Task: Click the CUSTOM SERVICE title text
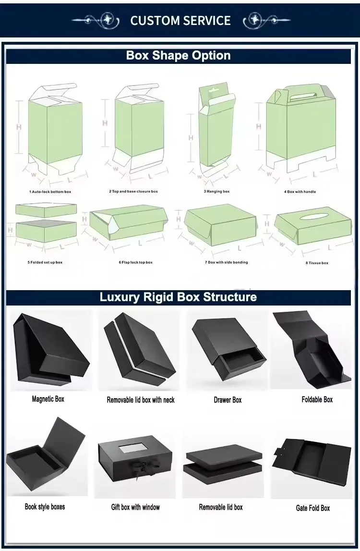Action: (180, 21)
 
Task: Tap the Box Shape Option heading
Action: (179, 55)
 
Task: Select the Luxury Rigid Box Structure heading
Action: (178, 297)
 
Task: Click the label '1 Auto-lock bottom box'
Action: (50, 192)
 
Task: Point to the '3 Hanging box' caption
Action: (216, 191)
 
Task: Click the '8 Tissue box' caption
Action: (317, 263)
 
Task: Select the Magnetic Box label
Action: (48, 399)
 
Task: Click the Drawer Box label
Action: (228, 400)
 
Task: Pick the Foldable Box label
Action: (317, 399)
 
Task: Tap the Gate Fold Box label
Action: (313, 508)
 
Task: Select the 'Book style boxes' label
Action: (45, 507)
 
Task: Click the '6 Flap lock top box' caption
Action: (135, 262)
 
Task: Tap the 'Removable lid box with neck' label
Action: (141, 400)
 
